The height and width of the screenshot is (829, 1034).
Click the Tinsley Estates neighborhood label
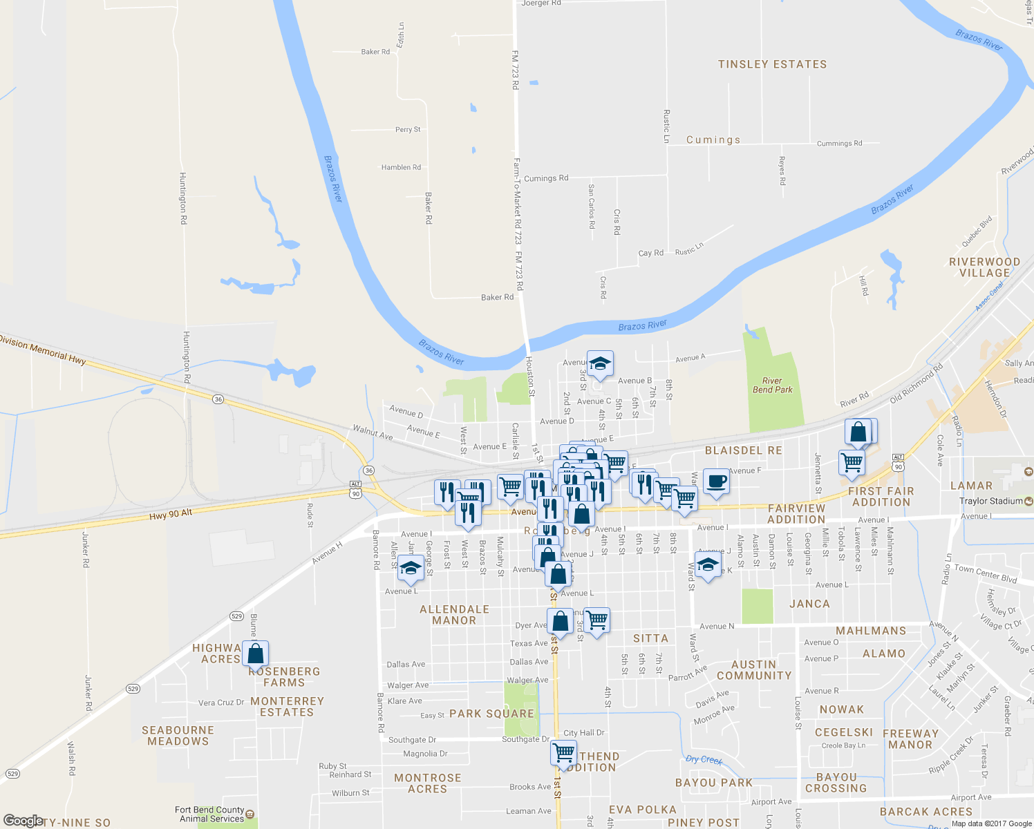tap(772, 64)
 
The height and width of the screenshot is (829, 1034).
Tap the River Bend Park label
tap(772, 385)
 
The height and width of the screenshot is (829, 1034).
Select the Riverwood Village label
tap(984, 267)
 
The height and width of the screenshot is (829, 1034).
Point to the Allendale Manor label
tap(454, 615)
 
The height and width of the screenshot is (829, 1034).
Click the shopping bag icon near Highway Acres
tap(255, 654)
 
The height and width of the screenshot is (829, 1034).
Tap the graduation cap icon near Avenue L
tap(411, 568)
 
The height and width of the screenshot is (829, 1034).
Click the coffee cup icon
tap(716, 481)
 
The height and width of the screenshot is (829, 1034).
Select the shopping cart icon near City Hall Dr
tap(564, 752)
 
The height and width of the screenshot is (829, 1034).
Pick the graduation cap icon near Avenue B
tap(600, 363)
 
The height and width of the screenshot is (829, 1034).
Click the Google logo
tap(23, 821)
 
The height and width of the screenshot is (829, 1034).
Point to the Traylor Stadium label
tap(990, 501)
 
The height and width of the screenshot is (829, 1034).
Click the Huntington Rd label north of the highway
tap(183, 198)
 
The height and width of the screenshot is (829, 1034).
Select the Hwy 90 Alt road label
tap(171, 515)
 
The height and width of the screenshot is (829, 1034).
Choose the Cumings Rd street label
tap(546, 178)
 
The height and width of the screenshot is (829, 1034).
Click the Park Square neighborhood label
tap(491, 714)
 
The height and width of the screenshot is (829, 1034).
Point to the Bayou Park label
tap(713, 783)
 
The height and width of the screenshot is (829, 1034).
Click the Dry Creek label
tap(704, 760)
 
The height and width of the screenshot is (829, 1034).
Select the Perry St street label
tap(408, 130)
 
